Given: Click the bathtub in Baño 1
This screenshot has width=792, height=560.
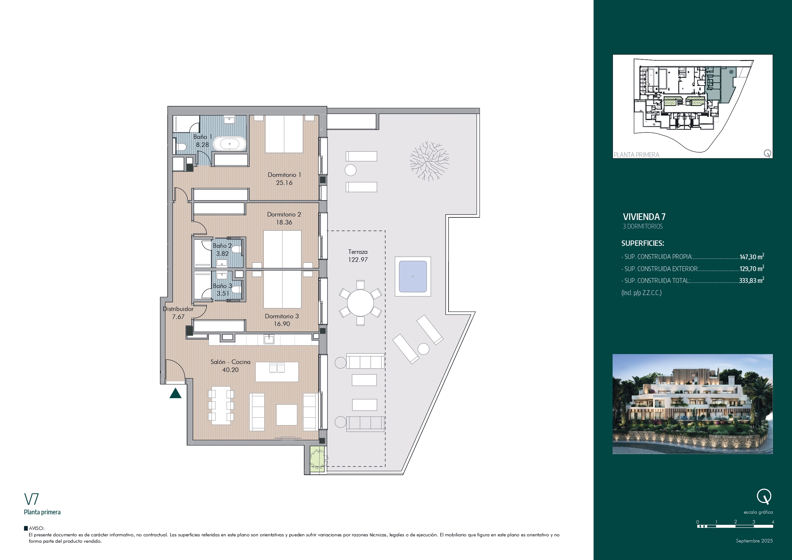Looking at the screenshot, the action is (230, 144).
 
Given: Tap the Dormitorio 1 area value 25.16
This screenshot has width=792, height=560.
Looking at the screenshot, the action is (284, 183).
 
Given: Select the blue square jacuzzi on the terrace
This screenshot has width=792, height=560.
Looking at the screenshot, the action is (412, 276).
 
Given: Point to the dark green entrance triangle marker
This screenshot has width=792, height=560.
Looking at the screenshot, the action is (175, 393).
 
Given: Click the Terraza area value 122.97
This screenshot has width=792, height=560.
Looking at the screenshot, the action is (358, 260).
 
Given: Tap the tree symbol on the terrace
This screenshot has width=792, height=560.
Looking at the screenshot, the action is (429, 161).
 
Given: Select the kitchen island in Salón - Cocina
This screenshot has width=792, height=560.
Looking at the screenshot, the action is (277, 371).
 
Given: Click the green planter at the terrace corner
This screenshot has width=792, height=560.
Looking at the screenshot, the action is (317, 459).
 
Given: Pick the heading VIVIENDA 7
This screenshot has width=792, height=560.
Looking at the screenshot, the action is (644, 217).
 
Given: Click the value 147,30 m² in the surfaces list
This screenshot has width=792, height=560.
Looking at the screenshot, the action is (752, 256).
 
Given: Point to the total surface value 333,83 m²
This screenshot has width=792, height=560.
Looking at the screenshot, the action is (751, 280).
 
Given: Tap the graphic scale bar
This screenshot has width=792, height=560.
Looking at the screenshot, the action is (735, 526).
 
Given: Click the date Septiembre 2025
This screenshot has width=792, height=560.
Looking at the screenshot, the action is (754, 541).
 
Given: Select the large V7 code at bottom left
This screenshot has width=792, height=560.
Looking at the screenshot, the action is (31, 499).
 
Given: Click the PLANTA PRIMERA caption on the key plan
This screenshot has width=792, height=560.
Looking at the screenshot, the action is (637, 155).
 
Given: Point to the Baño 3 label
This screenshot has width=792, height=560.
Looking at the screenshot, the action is (222, 286).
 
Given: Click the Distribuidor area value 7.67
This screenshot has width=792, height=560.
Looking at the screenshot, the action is (178, 317).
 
